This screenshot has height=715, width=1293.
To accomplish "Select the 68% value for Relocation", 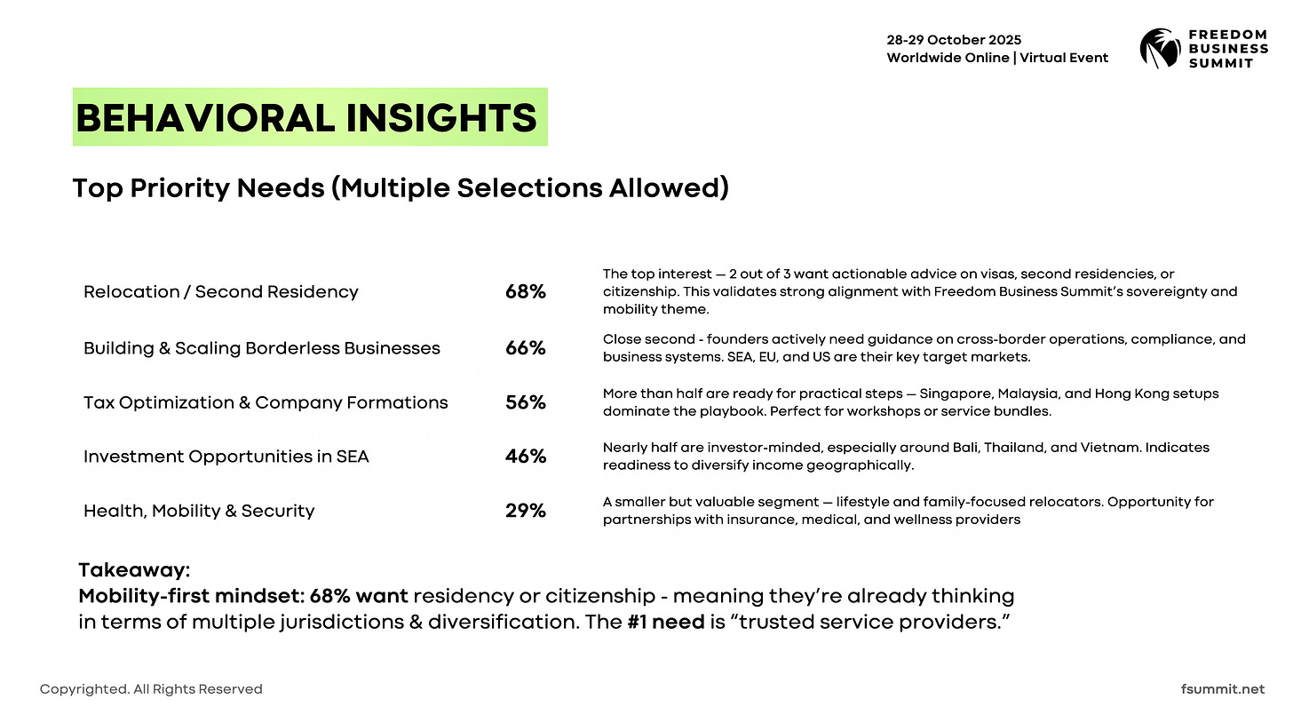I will [525, 292].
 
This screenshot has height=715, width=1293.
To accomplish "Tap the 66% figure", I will [525, 348].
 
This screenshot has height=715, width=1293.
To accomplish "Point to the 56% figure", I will [525, 402].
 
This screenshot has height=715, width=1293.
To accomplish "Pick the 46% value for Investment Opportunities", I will [525, 457].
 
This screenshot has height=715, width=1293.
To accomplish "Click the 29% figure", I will [525, 511].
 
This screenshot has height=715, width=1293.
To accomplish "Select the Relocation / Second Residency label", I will [220, 292].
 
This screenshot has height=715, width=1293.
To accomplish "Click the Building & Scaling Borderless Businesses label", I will [261, 348].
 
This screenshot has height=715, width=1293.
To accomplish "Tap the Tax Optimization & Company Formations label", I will [266, 402].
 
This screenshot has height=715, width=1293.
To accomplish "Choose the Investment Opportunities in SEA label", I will [226, 457].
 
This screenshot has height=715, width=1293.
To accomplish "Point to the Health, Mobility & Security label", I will [198, 511].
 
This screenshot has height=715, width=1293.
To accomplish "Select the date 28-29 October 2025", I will [954, 40].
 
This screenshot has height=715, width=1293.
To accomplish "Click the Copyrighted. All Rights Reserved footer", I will [151, 689].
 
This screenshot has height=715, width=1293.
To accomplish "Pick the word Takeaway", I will [134, 570].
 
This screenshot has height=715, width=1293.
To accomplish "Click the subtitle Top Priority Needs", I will [400, 188].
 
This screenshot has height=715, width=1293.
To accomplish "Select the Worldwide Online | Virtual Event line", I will [997, 58].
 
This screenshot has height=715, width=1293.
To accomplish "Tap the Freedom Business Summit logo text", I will [1228, 48].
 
